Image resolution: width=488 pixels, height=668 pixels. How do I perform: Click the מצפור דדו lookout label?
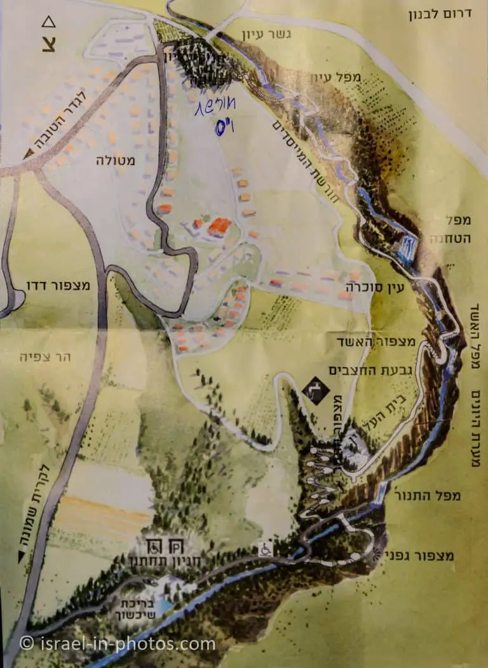[x=59, y=286]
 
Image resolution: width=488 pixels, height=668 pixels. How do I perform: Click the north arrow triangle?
[x=48, y=23]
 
